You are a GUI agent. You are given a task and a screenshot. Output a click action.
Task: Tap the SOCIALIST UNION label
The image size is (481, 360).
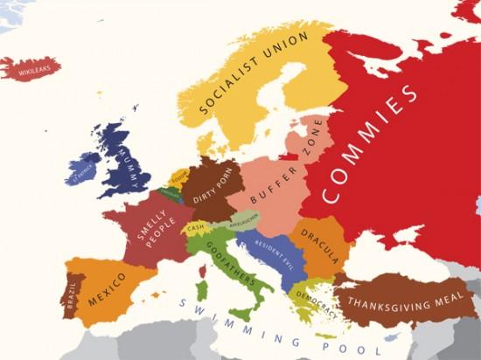pos(254,75)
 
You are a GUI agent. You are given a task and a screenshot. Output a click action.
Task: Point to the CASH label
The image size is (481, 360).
pos(198,229)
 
